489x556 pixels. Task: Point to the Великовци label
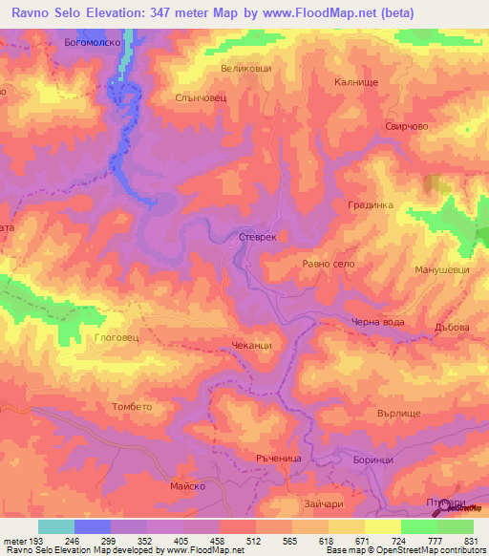coord(246,68)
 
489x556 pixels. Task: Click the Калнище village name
coord(358,83)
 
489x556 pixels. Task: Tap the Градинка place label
coord(371,204)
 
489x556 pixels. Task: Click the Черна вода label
coord(378,322)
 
